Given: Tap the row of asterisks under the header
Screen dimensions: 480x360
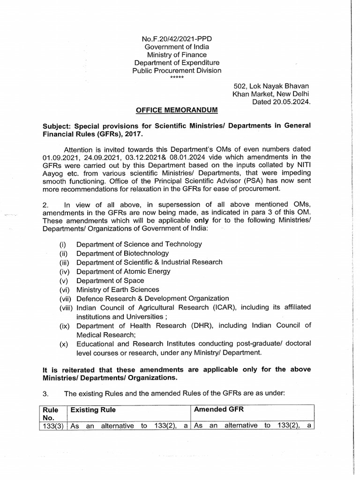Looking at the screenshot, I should click(177, 76).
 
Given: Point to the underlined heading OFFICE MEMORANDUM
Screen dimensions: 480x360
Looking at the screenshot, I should click(177, 110).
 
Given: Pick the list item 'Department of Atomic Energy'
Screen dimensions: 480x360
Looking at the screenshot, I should click(123, 271).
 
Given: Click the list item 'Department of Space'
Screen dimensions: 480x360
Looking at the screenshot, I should click(110, 280).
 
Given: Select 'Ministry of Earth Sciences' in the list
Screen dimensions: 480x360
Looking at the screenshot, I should click(118, 289).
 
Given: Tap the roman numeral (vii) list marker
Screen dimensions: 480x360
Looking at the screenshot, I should click(66, 298).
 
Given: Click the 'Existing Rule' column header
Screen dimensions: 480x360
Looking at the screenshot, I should click(93, 409).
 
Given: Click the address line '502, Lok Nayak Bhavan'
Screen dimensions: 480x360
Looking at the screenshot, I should click(271, 86).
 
